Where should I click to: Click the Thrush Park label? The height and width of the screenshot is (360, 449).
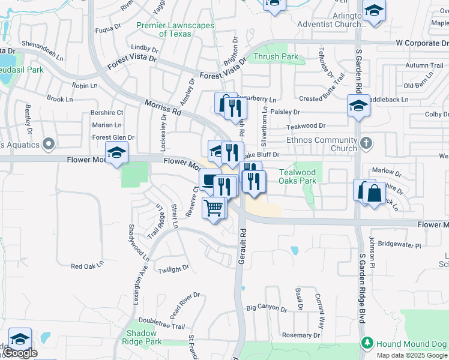(276, 57)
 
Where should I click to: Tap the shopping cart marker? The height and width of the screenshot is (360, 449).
(214, 208)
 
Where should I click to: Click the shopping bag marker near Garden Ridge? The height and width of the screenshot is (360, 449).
(374, 194)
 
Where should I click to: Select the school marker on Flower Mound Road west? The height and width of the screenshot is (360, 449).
(116, 153)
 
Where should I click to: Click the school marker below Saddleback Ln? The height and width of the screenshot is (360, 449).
(358, 106)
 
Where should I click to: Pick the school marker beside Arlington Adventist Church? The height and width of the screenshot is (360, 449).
(374, 11)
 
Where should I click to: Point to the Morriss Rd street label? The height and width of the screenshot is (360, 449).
(163, 107)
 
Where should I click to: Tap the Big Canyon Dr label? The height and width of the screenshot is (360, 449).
(267, 307)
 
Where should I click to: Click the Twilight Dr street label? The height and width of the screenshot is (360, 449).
(174, 269)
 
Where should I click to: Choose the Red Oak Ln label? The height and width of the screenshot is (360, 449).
(87, 265)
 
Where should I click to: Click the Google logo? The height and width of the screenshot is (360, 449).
(20, 353)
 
